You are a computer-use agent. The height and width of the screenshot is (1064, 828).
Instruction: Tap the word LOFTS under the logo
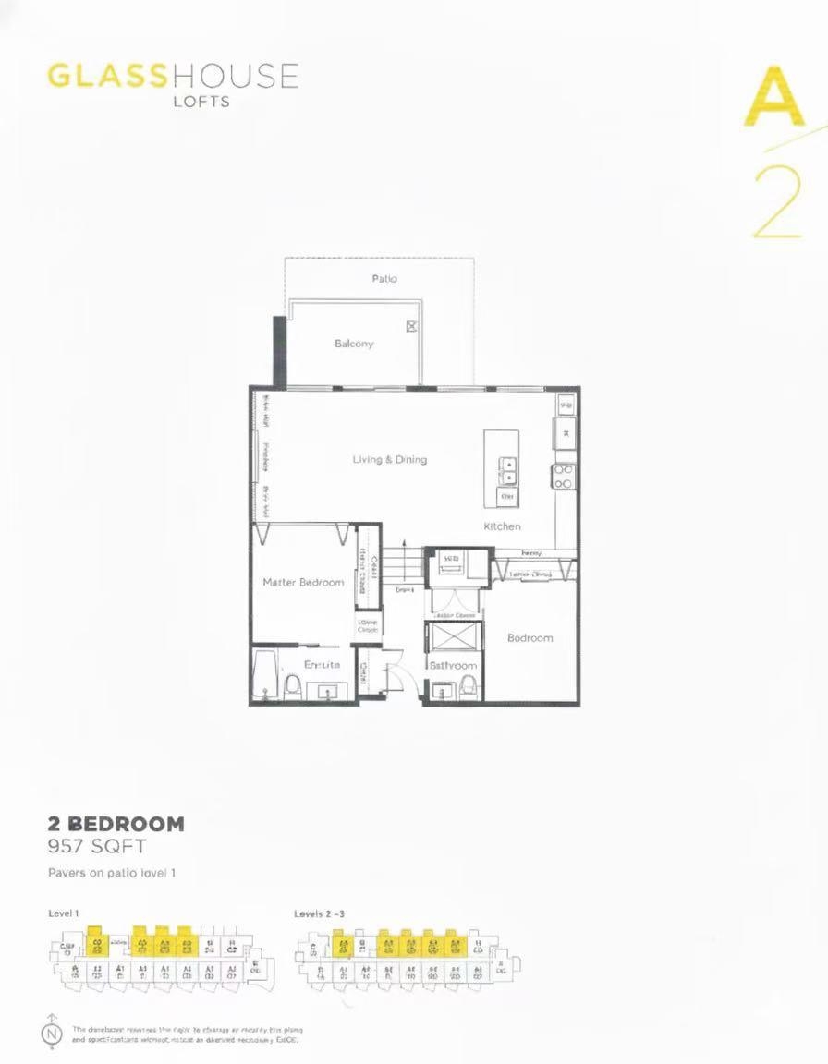(201, 101)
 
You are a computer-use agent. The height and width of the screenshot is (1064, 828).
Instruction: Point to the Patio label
(384, 278)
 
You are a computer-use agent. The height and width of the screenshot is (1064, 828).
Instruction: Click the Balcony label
(354, 344)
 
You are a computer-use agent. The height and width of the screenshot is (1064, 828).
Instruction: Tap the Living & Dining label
(389, 459)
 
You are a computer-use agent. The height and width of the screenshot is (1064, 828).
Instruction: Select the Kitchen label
(502, 526)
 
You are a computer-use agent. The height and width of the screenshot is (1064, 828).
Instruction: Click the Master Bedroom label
(303, 582)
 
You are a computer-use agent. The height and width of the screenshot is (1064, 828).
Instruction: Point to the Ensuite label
(323, 664)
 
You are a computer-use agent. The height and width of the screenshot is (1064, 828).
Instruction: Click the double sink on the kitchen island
(507, 471)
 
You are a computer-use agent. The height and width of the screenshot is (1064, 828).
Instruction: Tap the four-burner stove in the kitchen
(563, 476)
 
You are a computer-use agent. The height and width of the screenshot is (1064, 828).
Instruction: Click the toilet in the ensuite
(293, 685)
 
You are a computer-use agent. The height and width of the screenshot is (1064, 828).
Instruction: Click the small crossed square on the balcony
(412, 326)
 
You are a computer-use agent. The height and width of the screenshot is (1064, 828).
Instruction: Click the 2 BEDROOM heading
(116, 823)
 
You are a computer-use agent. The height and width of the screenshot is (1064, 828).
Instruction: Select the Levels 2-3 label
(320, 913)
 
